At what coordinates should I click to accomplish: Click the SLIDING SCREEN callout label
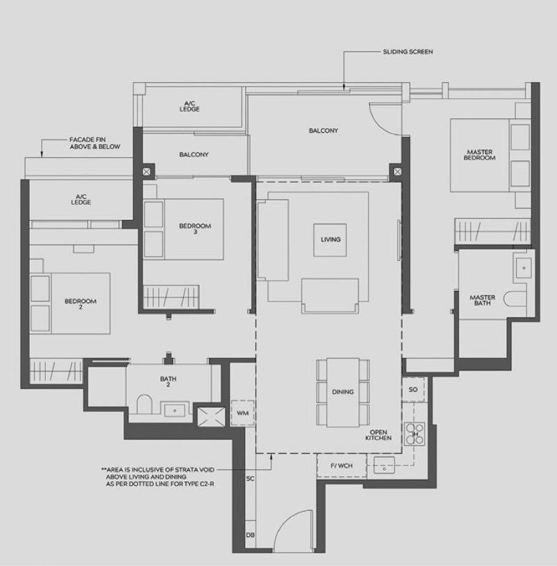408,52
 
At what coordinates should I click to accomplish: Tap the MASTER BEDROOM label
480,155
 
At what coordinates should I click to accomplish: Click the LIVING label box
331,239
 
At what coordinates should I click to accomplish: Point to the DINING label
343,393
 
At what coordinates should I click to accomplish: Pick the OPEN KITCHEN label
378,435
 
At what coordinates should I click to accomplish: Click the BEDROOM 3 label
194,228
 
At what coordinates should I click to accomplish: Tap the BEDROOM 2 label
80,304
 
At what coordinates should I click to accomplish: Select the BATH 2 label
168,382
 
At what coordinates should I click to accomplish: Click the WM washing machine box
243,413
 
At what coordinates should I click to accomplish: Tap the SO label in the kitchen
413,390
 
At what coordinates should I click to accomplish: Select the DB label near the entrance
250,535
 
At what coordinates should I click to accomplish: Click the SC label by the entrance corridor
250,479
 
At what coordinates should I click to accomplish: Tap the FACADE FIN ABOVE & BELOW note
95,143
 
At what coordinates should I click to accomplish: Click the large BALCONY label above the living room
324,131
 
